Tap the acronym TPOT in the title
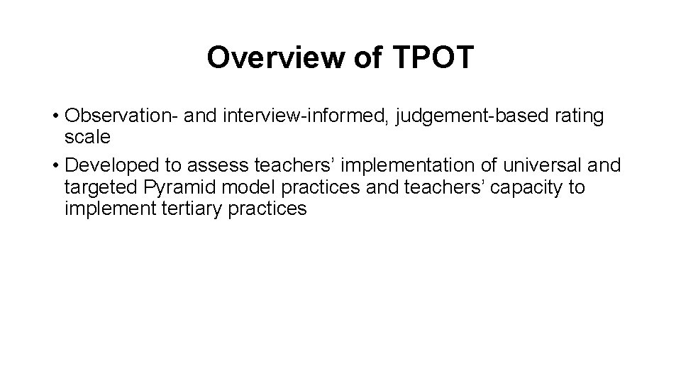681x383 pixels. (x=431, y=58)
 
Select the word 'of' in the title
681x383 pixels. (x=365, y=58)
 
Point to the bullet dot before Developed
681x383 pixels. (x=55, y=166)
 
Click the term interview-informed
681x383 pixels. (x=306, y=116)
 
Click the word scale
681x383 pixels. (x=87, y=138)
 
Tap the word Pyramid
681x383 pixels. (x=177, y=187)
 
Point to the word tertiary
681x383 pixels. (x=187, y=209)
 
